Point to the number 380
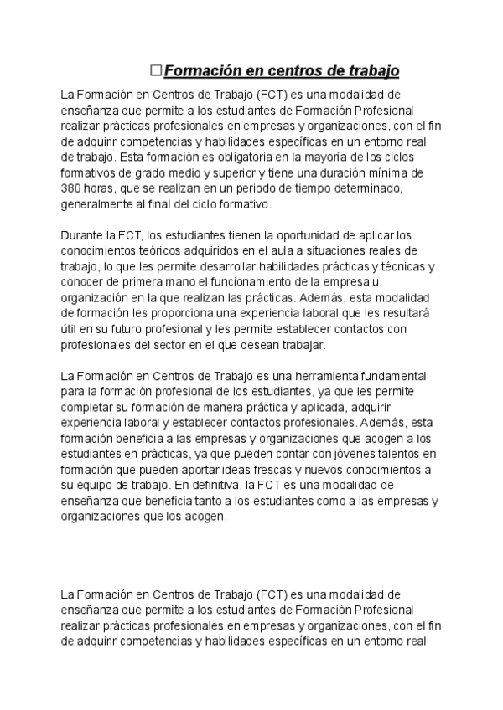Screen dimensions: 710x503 click(73, 188)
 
